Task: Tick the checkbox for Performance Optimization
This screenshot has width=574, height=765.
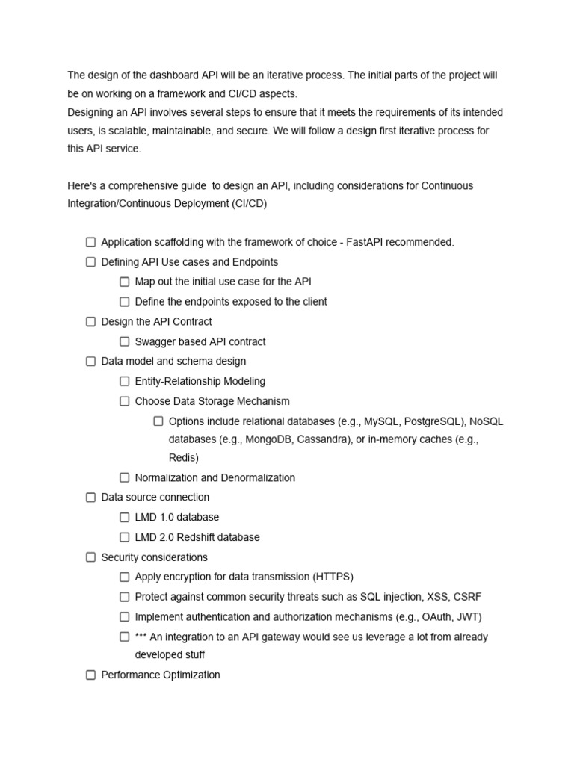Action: [x=90, y=675]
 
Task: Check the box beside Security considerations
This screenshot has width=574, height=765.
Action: [x=90, y=557]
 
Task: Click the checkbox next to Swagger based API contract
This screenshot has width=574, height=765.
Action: [x=125, y=341]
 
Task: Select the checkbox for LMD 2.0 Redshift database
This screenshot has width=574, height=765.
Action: [x=125, y=537]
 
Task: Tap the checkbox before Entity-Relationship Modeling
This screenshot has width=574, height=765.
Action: [x=125, y=381]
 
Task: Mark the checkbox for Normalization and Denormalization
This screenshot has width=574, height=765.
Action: [x=125, y=477]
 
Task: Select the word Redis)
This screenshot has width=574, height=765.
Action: [x=184, y=458]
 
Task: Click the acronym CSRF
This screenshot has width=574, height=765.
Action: [x=467, y=596]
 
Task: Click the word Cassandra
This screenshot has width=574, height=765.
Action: [x=324, y=439]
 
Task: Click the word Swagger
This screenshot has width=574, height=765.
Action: [x=155, y=341]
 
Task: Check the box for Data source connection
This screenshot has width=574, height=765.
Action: [x=90, y=498]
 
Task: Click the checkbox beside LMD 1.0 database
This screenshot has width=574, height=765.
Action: [x=125, y=517]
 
